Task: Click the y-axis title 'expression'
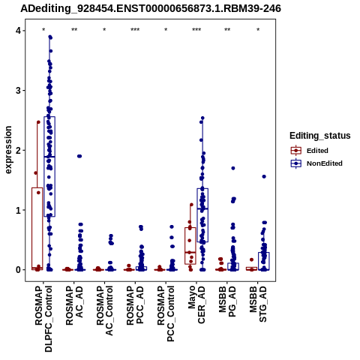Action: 8,150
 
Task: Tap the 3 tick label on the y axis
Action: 18,91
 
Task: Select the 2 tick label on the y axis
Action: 18,150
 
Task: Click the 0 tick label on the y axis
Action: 18,270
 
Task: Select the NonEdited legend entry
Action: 316,163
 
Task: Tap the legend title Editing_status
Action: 320,136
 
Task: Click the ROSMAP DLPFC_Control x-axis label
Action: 43,319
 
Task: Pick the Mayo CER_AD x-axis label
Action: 196,305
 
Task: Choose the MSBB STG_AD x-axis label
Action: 258,304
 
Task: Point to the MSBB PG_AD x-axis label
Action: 227,301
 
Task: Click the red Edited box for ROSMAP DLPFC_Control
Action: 37,229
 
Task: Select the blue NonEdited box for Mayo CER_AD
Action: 202,215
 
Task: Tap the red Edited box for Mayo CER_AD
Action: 190,246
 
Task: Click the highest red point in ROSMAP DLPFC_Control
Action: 38,122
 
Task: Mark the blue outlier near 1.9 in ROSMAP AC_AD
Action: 79,156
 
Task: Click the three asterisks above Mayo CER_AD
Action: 196,30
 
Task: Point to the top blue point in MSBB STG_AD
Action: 264,176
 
